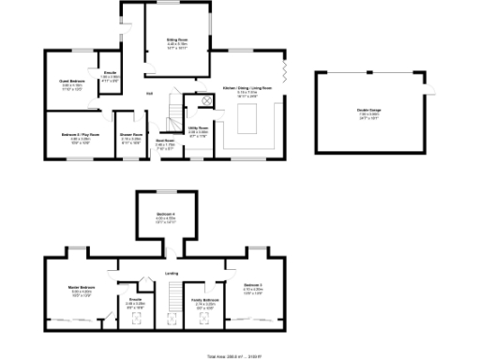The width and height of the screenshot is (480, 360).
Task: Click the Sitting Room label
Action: pyautogui.click(x=178, y=40)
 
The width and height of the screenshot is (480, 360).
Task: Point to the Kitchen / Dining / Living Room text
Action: pyautogui.click(x=247, y=88)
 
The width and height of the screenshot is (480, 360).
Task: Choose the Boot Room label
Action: pyautogui.click(x=165, y=142)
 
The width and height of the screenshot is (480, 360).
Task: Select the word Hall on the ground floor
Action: pyautogui.click(x=149, y=93)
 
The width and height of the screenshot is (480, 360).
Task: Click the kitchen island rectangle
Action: pyautogui.click(x=248, y=120)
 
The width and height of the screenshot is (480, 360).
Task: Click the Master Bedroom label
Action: pyautogui.click(x=82, y=288)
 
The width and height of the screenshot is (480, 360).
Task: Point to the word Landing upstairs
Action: pyautogui.click(x=172, y=273)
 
